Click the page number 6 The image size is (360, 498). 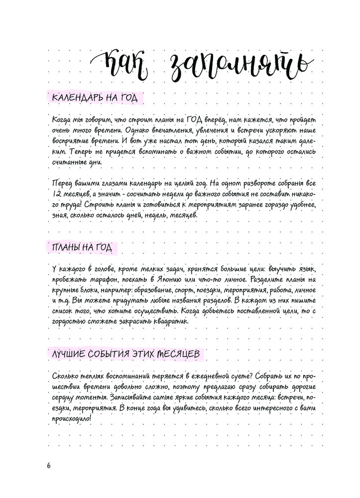48,466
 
